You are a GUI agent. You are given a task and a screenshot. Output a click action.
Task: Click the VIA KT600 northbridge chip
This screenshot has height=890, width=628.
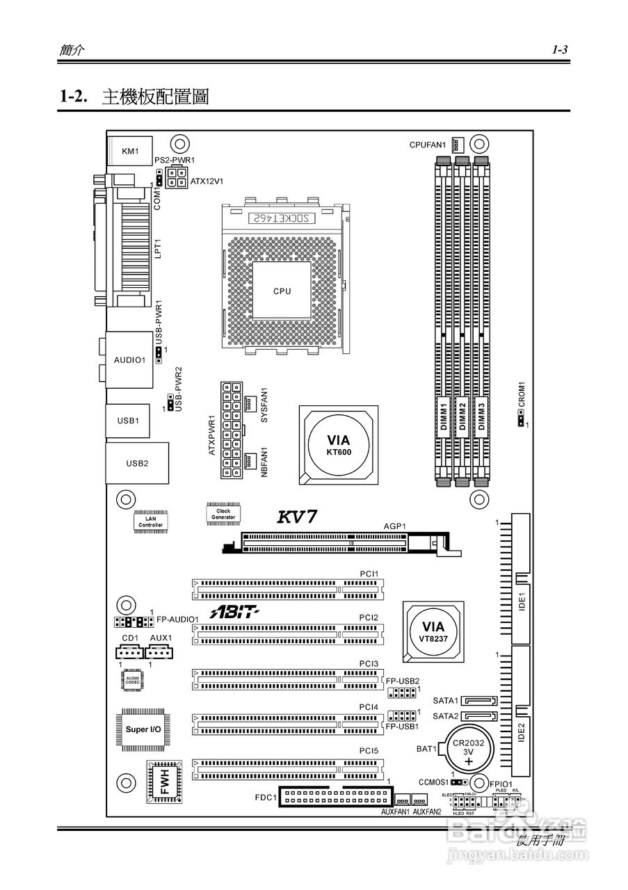339,445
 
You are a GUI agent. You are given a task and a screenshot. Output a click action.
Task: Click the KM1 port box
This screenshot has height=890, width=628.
130,151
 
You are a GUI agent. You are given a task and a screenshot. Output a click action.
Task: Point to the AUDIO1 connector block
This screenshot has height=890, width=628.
129,359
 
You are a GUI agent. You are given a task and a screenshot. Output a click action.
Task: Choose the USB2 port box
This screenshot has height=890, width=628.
137,463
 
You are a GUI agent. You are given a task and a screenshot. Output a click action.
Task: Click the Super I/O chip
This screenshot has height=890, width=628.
143,729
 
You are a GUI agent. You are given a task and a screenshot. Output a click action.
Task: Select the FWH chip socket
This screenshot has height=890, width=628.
165,782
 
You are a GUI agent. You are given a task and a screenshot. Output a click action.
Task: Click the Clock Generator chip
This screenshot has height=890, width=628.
223,514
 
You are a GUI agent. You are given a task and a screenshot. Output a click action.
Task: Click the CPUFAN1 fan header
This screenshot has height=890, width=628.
457,145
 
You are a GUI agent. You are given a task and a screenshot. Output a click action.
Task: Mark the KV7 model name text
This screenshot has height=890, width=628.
298,517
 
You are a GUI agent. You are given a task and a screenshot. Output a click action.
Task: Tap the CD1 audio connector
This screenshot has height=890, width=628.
129,652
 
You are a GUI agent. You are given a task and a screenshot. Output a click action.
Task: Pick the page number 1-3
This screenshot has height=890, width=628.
561,49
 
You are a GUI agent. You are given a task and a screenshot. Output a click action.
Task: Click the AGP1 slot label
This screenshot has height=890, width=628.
394,526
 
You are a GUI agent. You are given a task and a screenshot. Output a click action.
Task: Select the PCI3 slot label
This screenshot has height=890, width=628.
369,664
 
